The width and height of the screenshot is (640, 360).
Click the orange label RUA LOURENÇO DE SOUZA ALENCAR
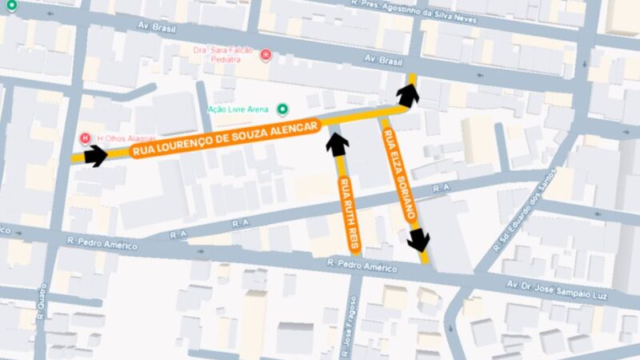226,140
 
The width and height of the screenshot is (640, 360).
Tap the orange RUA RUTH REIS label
350,214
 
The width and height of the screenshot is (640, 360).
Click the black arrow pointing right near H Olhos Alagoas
95,155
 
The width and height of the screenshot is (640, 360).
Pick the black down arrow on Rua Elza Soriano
418,238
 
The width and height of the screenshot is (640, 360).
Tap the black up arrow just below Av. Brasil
408,95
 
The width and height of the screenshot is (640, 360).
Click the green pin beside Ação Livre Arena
282,110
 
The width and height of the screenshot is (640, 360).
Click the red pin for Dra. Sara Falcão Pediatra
266,54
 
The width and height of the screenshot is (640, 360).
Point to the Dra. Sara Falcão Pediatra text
224,54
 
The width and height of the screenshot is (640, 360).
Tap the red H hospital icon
85,138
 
